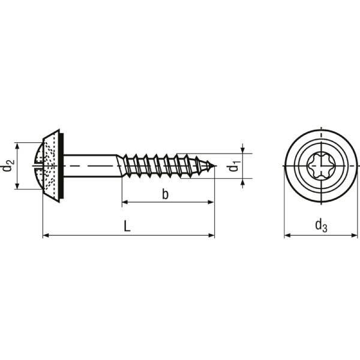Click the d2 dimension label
pyautogui.click(x=8, y=166)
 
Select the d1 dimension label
pyautogui.click(x=234, y=166)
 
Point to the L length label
pyautogui.click(x=127, y=226)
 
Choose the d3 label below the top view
pyautogui.click(x=321, y=226)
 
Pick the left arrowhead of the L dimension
pyautogui.click(x=46, y=235)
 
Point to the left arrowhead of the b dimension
pyautogui.click(x=125, y=202)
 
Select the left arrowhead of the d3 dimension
pyautogui.click(x=287, y=235)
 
